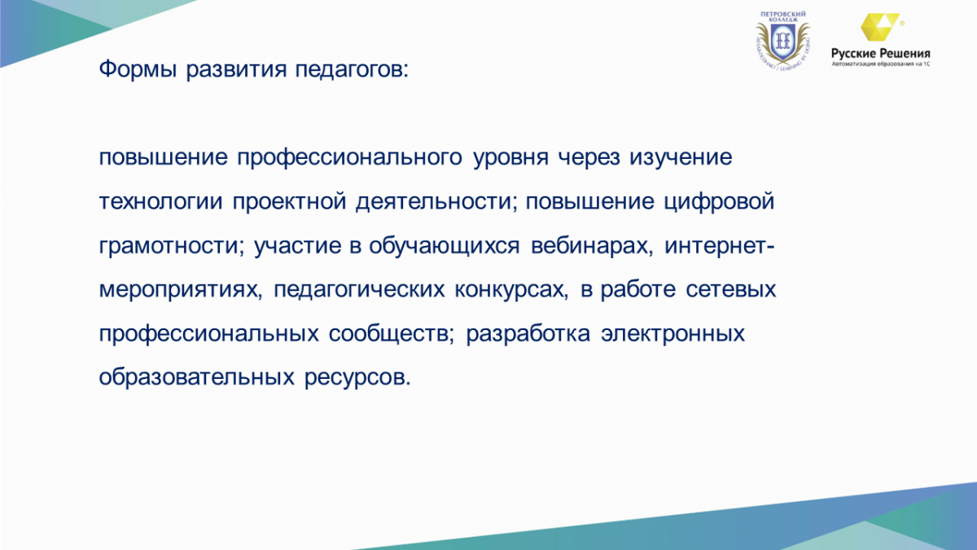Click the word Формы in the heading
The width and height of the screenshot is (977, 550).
click(x=138, y=70)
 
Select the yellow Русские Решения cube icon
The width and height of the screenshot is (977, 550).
click(x=881, y=27)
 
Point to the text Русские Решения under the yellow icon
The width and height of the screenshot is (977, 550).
click(x=881, y=54)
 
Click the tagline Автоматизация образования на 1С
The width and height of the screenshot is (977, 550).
click(x=881, y=64)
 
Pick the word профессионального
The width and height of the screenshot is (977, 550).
click(x=349, y=158)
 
